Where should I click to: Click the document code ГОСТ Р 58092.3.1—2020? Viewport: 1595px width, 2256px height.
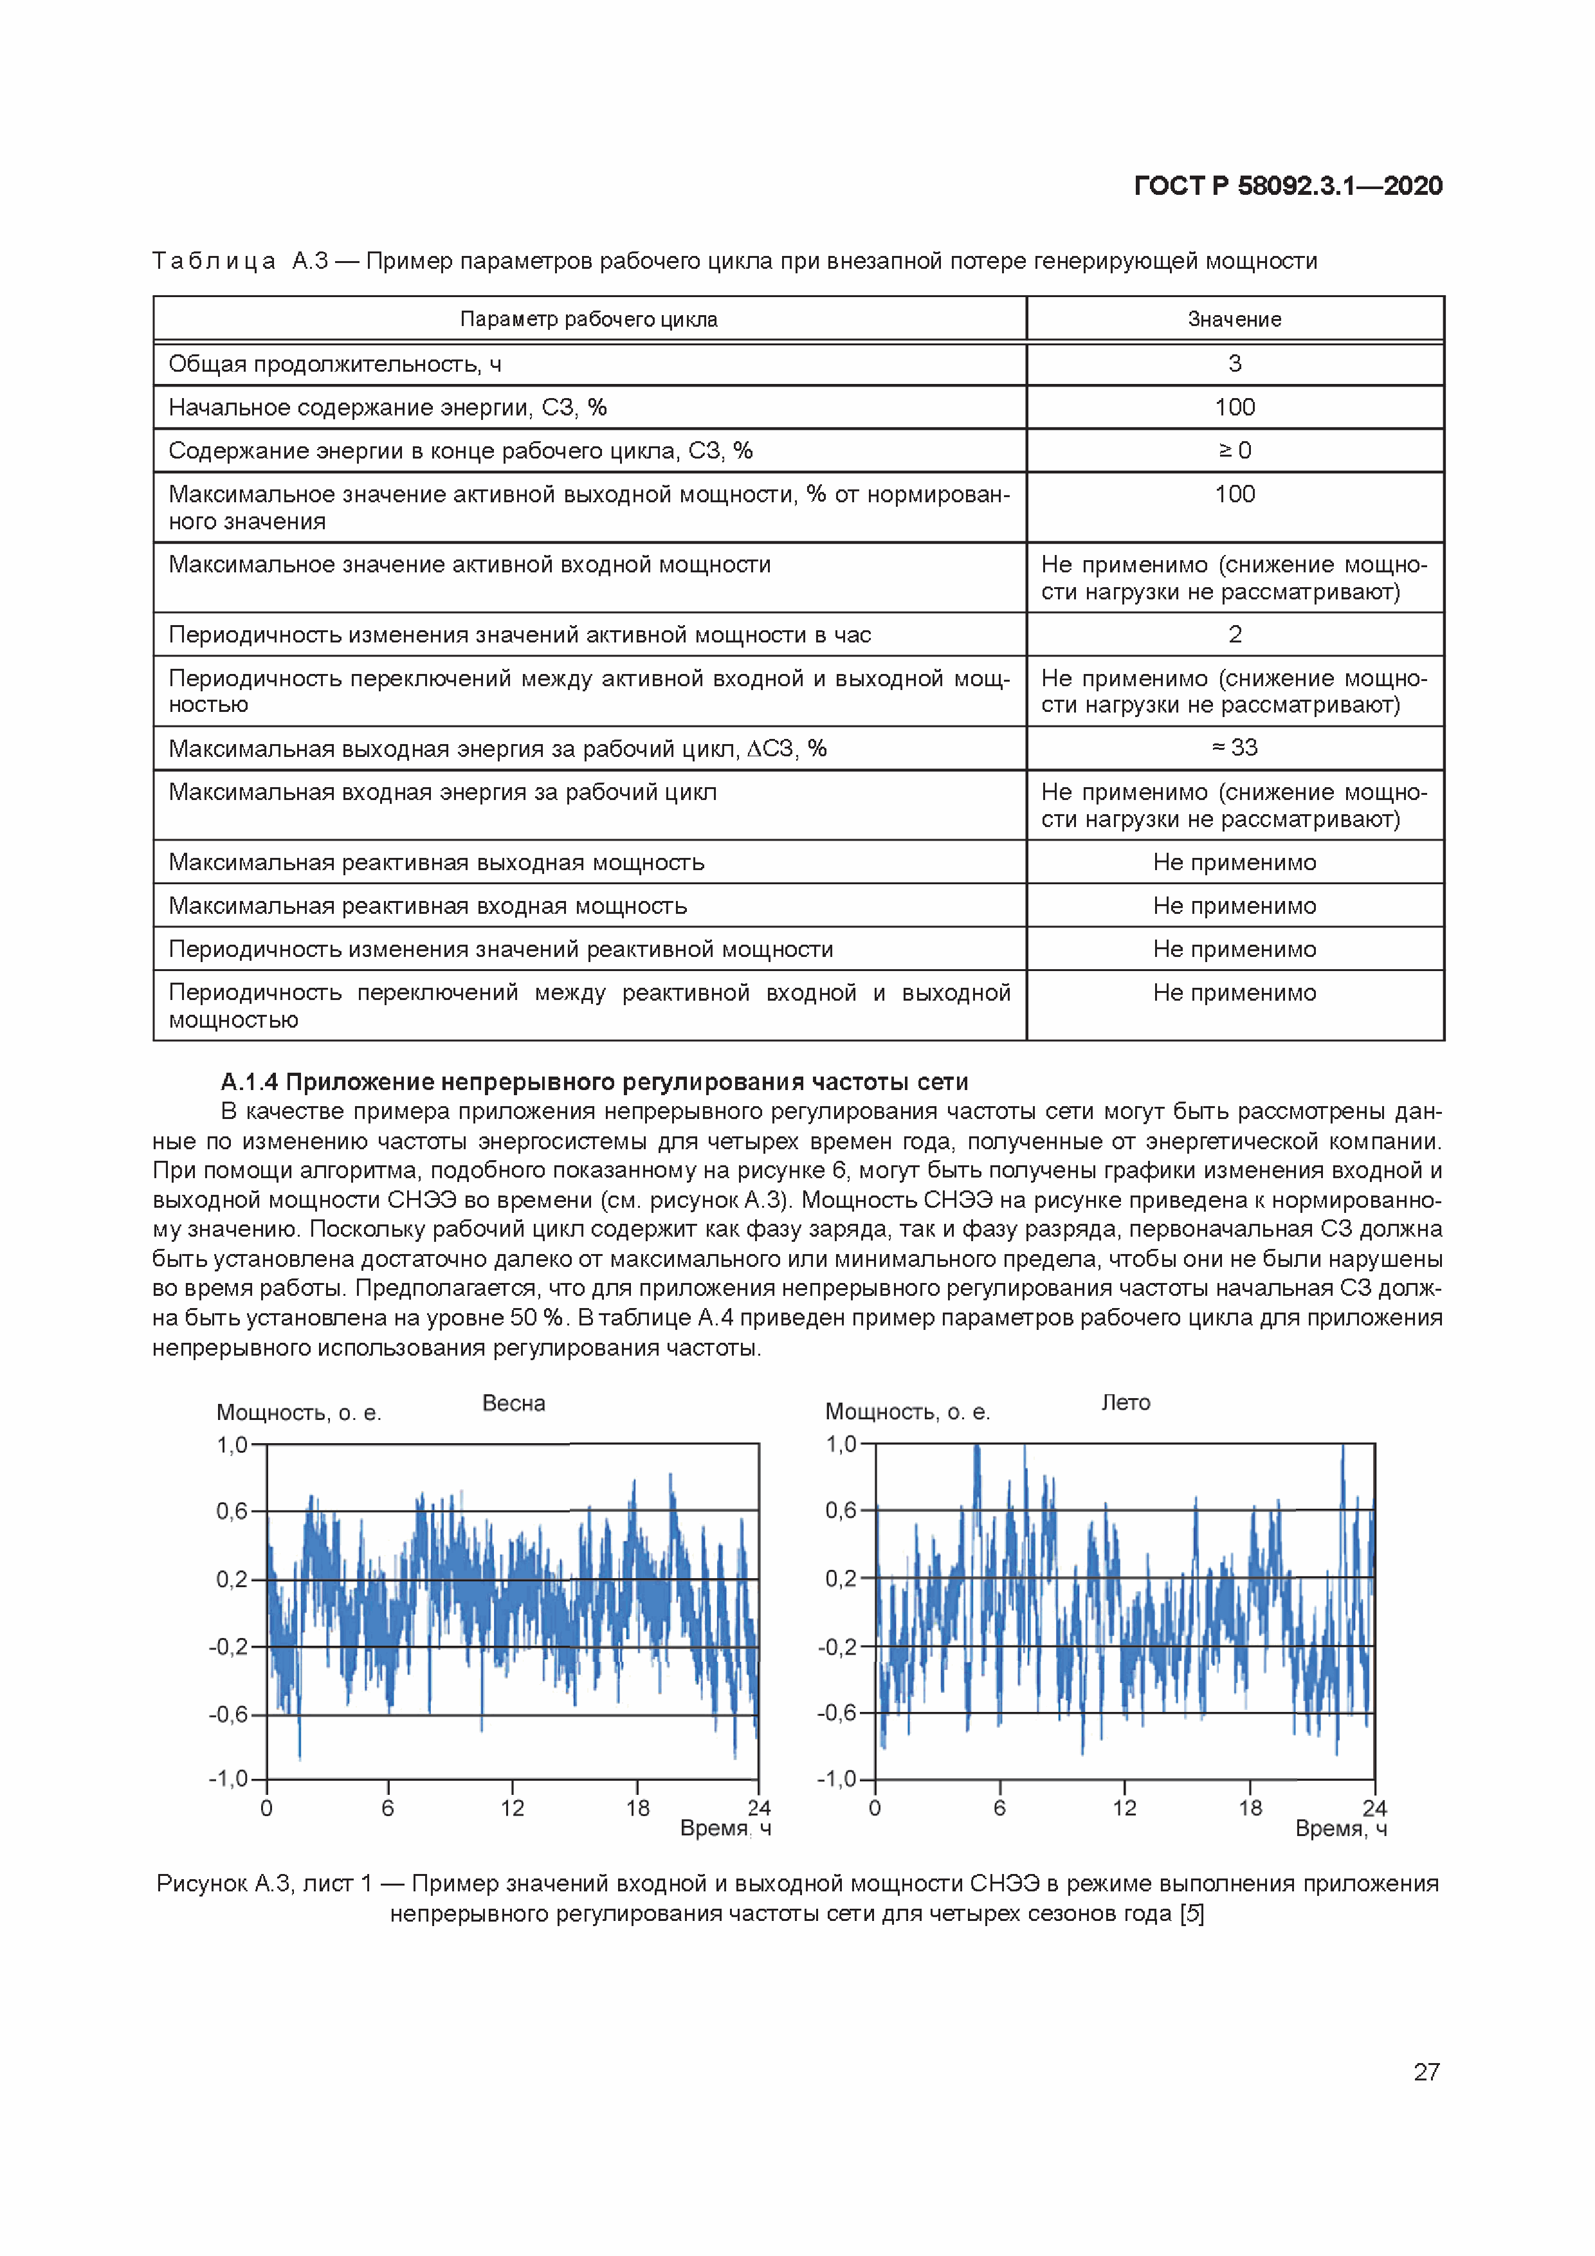coord(1288,186)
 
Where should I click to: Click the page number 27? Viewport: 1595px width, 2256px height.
coord(1426,2071)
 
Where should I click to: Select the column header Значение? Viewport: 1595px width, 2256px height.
coord(1234,320)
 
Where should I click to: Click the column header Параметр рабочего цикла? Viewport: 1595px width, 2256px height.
coord(588,320)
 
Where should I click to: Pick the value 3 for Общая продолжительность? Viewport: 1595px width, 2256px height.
coord(1234,363)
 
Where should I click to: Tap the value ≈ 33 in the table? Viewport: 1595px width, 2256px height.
coord(1234,748)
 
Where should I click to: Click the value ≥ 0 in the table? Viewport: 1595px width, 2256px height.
coord(1234,450)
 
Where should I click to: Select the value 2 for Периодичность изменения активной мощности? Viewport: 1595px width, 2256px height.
coord(1234,635)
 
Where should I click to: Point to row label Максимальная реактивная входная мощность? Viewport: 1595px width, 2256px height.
coord(428,906)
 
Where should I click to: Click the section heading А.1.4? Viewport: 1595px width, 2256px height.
coord(594,1082)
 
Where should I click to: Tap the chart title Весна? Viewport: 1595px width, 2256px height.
coord(513,1403)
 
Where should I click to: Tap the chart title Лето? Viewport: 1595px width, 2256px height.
coord(1126,1402)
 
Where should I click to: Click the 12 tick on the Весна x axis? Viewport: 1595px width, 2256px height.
coord(512,1808)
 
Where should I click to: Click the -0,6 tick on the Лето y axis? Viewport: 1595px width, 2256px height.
coord(837,1713)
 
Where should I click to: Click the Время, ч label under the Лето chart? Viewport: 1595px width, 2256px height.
coord(1340,1828)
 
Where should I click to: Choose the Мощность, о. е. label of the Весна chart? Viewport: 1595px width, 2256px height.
coord(299,1413)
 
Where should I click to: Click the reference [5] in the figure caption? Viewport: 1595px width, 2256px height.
coord(1192,1913)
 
